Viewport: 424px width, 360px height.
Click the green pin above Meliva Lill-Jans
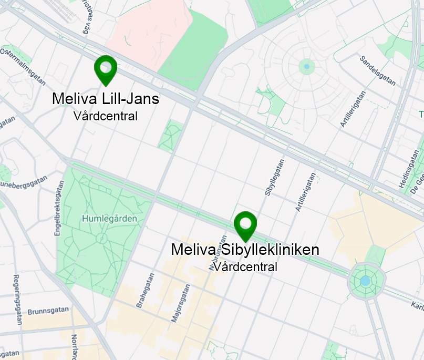pyautogui.click(x=106, y=69)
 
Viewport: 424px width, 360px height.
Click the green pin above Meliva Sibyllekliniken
pyautogui.click(x=245, y=225)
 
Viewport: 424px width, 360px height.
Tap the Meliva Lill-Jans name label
pyautogui.click(x=106, y=99)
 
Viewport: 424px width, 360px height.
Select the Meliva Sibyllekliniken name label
pyautogui.click(x=245, y=250)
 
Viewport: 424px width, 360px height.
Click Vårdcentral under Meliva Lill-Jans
pyautogui.click(x=106, y=116)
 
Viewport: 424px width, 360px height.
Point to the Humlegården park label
pyautogui.click(x=109, y=218)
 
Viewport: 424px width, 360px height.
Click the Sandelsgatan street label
pyautogui.click(x=377, y=71)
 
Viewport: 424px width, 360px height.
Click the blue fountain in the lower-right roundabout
pyautogui.click(x=365, y=282)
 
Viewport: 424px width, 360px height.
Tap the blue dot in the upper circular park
pyautogui.click(x=307, y=67)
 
